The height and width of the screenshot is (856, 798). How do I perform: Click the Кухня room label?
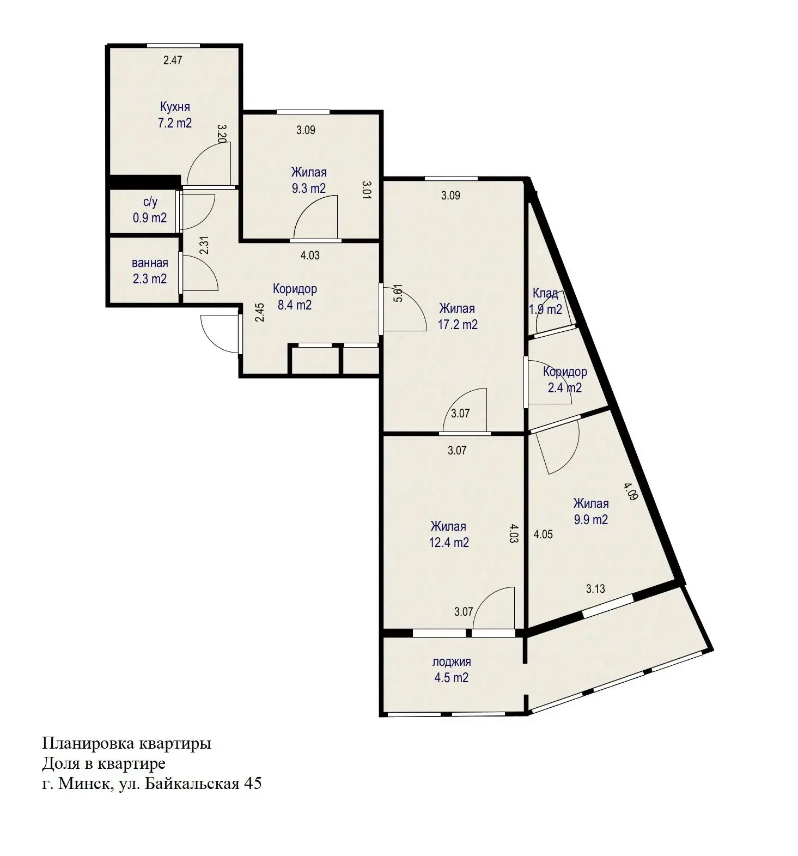point(175,107)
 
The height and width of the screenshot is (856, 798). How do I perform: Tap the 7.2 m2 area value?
point(175,123)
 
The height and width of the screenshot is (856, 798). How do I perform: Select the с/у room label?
point(150,202)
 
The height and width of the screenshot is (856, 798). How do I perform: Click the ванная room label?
point(150,263)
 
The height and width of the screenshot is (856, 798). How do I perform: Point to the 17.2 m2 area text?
point(458,325)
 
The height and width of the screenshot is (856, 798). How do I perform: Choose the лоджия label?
point(452,662)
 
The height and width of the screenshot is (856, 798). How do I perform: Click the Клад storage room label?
point(545,294)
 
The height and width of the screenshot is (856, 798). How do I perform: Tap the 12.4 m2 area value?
point(449,543)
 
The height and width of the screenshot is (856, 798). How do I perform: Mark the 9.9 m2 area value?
point(591,520)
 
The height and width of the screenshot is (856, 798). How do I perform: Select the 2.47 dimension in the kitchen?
point(173,60)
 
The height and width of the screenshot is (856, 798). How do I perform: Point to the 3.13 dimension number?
point(595,588)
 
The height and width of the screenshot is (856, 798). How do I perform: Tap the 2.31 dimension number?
point(204,246)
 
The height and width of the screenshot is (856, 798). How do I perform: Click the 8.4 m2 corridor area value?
point(295,305)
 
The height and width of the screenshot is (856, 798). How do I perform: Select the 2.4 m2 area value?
point(565,388)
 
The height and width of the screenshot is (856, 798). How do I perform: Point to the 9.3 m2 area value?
point(309,189)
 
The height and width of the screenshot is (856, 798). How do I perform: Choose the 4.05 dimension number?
point(543,535)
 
